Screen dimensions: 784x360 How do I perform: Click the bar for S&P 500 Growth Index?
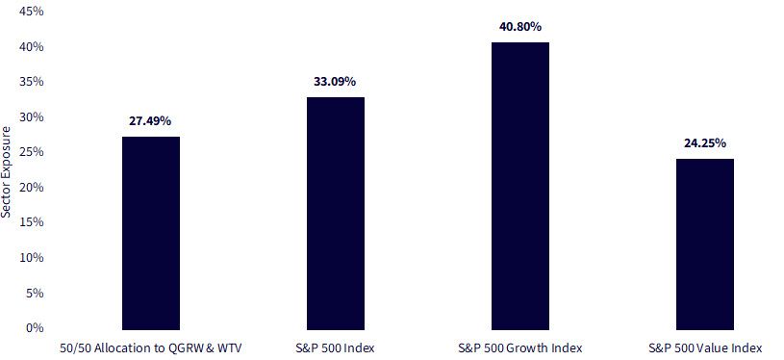(520, 186)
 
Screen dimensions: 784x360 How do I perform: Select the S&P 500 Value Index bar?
(705, 244)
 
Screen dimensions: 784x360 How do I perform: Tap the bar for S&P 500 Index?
(336, 214)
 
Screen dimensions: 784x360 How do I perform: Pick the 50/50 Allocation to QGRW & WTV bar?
(151, 234)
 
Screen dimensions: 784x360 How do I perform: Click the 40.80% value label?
(520, 27)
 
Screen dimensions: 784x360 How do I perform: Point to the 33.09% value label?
(335, 82)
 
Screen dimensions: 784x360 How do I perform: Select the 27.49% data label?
(150, 121)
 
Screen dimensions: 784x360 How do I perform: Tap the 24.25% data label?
(705, 143)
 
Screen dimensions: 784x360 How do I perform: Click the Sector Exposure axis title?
(6, 171)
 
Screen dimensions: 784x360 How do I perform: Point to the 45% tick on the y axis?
(31, 12)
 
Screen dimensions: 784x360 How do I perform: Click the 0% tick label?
(35, 328)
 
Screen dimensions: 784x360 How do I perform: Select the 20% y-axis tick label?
(31, 188)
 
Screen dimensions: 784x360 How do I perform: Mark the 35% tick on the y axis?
(31, 82)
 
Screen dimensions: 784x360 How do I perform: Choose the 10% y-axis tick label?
(31, 258)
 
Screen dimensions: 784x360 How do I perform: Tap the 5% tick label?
(35, 293)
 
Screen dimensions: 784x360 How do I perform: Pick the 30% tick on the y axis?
(31, 117)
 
